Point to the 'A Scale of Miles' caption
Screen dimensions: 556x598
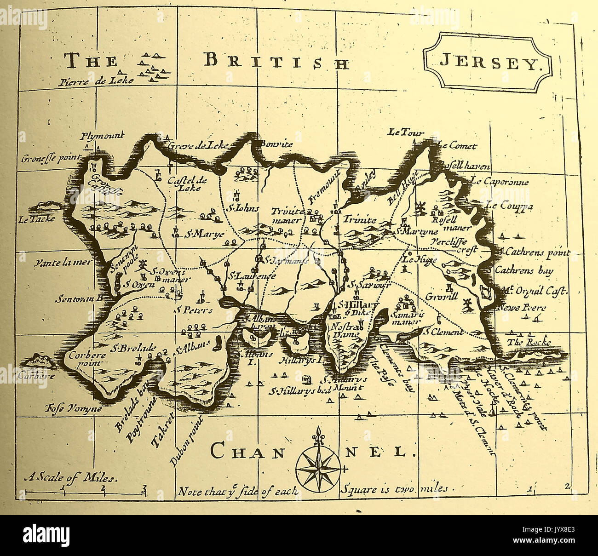click(x=71, y=477)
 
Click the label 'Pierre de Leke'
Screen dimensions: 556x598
click(x=96, y=82)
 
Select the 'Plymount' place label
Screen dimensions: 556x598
click(x=102, y=136)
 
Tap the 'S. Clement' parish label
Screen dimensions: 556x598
click(x=443, y=332)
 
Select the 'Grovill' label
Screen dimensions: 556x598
click(x=441, y=296)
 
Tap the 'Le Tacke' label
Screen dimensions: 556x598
click(x=37, y=219)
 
